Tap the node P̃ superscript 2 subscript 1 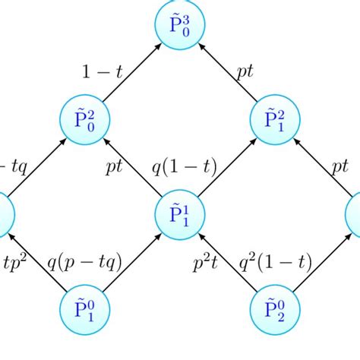274,120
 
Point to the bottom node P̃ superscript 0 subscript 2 274,310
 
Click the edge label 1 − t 102,73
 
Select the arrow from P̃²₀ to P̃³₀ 131,72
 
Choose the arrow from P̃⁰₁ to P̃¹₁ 131,262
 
